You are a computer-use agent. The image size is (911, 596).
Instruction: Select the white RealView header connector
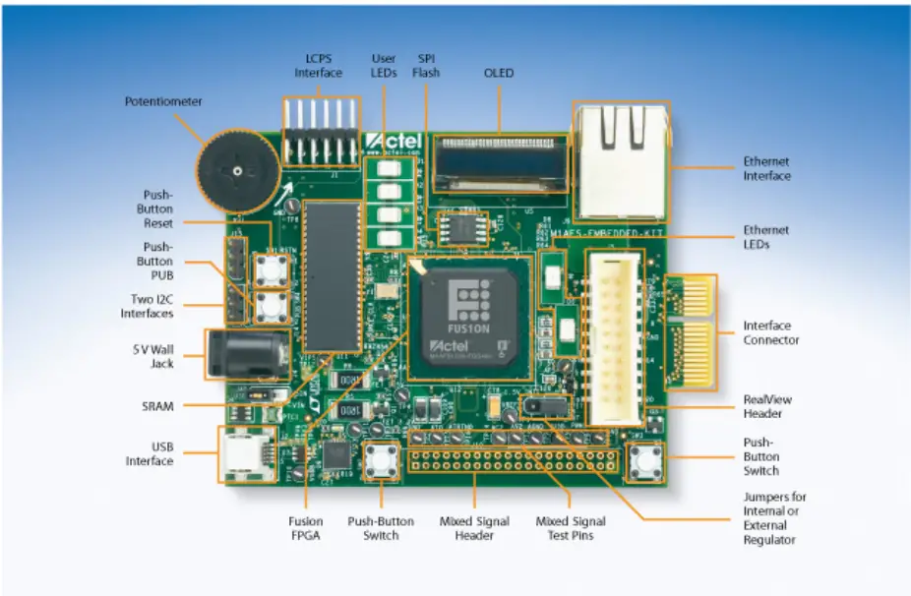tap(614, 334)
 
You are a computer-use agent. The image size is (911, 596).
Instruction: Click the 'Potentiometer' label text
tap(163, 101)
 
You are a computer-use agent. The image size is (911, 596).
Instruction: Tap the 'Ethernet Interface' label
tap(766, 168)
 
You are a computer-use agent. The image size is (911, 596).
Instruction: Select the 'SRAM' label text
tap(156, 405)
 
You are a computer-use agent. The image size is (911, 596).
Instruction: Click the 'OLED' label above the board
tap(499, 73)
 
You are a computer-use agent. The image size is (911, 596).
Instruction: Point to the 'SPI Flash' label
tap(426, 66)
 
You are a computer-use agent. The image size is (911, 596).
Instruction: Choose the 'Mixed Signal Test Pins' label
tap(570, 528)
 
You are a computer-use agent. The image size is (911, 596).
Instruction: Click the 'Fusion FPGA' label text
tap(305, 528)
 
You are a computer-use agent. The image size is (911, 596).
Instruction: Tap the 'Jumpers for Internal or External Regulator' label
tap(774, 518)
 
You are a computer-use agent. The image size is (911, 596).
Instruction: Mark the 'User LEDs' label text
tap(384, 66)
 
